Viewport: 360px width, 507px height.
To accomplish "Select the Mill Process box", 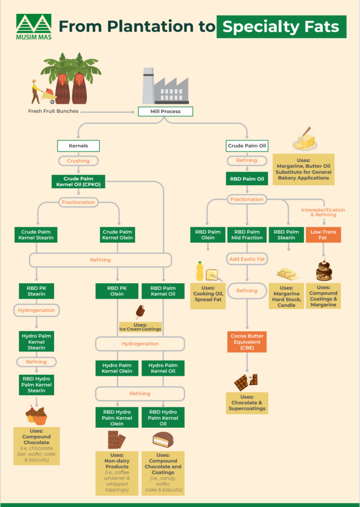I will (x=165, y=111).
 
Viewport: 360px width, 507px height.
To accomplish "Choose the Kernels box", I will (x=78, y=146).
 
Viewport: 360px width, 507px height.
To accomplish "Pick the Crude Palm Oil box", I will (x=247, y=146).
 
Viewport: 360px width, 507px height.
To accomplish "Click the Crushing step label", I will (x=78, y=161).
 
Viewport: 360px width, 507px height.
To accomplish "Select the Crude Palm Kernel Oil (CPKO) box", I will (x=78, y=181).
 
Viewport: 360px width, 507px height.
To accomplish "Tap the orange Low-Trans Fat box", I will (x=323, y=235).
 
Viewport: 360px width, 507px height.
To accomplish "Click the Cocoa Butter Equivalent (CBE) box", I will (x=247, y=342).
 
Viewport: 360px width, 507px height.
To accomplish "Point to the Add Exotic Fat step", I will (x=247, y=258).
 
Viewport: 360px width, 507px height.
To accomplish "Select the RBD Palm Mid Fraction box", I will (x=247, y=235).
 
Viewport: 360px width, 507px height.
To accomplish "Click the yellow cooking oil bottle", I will (x=200, y=271).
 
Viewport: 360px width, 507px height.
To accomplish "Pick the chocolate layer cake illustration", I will (x=324, y=270).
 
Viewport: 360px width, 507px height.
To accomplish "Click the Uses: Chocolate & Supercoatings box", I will (x=247, y=403).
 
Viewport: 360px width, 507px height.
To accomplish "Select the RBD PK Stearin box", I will (x=36, y=291).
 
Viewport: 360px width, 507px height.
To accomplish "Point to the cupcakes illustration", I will (x=37, y=415).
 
